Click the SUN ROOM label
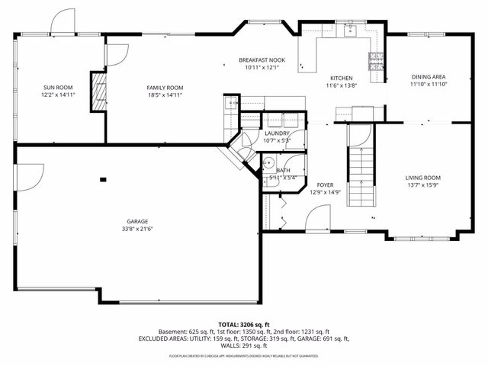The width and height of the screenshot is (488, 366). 58,88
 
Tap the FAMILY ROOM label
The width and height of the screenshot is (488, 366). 165,88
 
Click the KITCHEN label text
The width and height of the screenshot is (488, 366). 340,79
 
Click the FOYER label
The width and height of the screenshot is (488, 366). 326,185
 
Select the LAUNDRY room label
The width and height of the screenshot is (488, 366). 276,133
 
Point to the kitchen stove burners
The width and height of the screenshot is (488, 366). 376,60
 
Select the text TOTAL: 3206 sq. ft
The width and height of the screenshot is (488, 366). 243,324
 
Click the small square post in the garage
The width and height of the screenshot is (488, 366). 102,180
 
